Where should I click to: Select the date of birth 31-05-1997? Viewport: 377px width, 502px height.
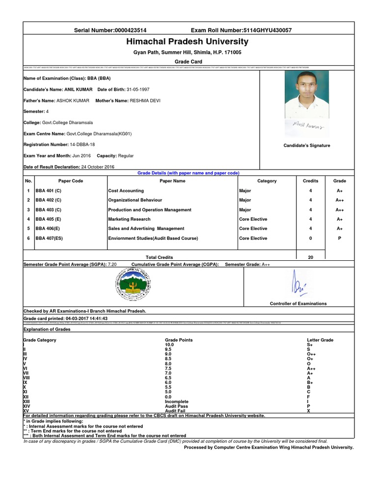(138, 89)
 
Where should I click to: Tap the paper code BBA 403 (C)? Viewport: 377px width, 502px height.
(48, 210)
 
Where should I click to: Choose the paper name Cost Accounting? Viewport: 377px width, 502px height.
(126, 191)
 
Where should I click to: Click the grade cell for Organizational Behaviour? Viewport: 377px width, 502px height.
(340, 200)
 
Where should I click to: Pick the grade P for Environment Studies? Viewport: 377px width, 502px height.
(340, 238)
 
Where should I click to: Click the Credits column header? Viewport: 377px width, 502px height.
(310, 181)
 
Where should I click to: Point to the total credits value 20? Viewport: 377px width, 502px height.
(310, 257)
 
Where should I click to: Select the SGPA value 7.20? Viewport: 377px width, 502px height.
(112, 264)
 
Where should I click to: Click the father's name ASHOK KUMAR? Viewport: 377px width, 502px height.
(73, 100)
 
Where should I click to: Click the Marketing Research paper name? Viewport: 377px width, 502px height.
(129, 219)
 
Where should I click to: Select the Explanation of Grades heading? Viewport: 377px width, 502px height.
(47, 329)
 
